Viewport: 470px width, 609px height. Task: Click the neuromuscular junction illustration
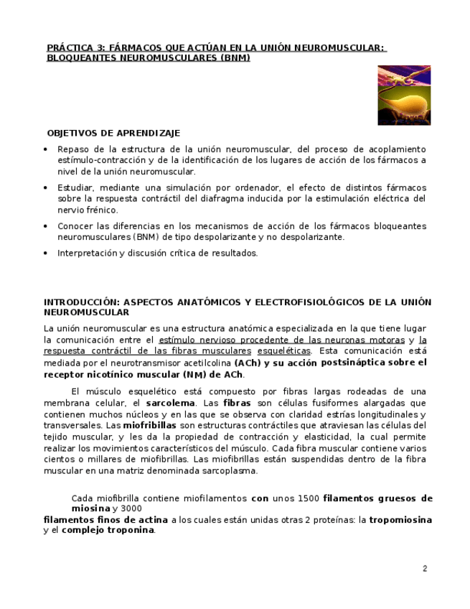[404, 96]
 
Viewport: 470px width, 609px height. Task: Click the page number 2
[425, 569]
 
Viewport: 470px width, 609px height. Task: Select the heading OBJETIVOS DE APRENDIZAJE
[113, 133]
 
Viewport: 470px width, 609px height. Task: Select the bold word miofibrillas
[149, 425]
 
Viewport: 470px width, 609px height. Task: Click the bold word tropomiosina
[400, 520]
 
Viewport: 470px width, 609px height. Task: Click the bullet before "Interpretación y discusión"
[47, 253]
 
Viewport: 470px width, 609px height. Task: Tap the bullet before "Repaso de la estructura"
[47, 149]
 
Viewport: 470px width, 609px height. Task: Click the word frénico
[102, 210]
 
